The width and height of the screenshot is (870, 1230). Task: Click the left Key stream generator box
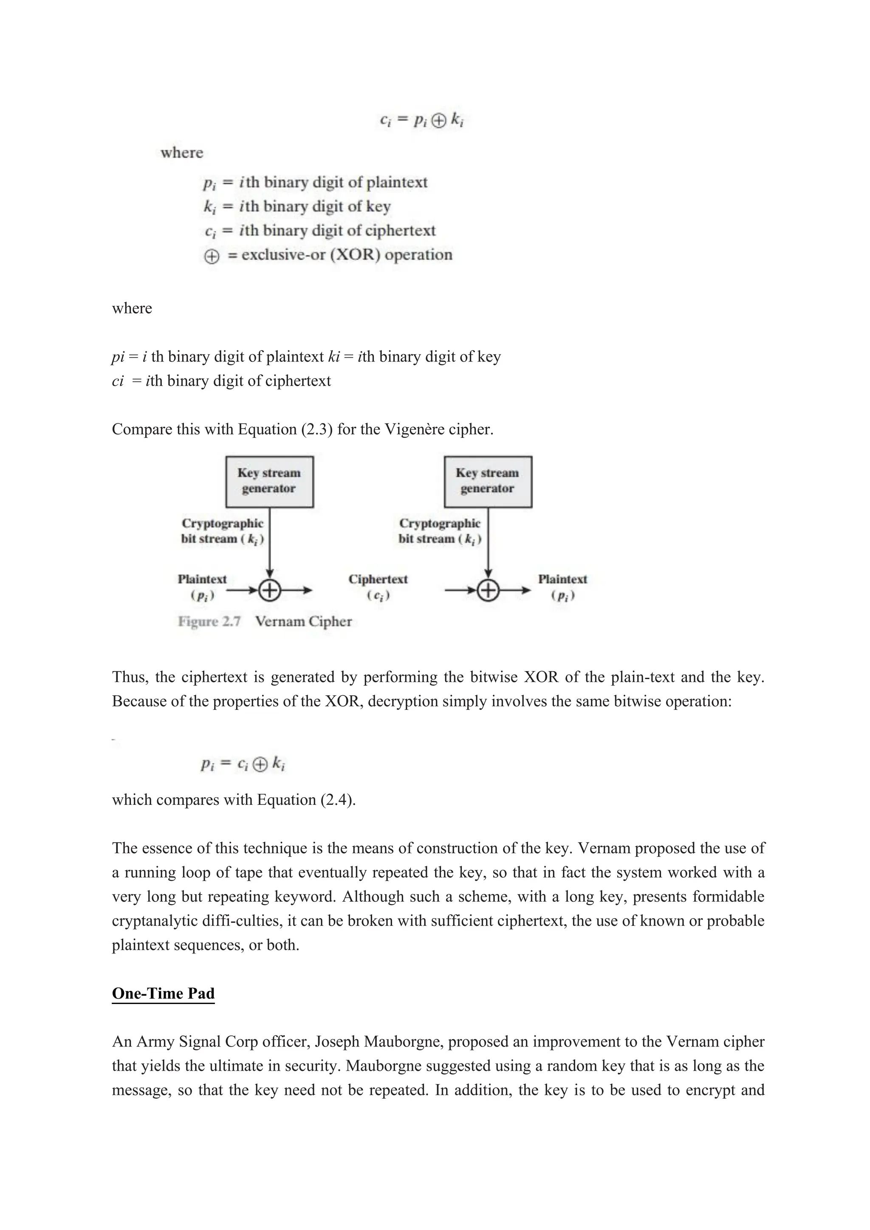coord(269,481)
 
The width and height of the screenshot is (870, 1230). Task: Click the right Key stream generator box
coord(488,481)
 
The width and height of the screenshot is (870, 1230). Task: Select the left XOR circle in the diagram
coord(269,590)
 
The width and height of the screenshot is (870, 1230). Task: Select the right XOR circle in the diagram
coord(488,590)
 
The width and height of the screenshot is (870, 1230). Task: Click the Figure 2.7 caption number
coord(209,621)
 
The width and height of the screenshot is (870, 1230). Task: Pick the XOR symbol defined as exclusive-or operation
coord(212,256)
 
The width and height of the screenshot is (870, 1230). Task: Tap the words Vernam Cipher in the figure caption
coord(303,621)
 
